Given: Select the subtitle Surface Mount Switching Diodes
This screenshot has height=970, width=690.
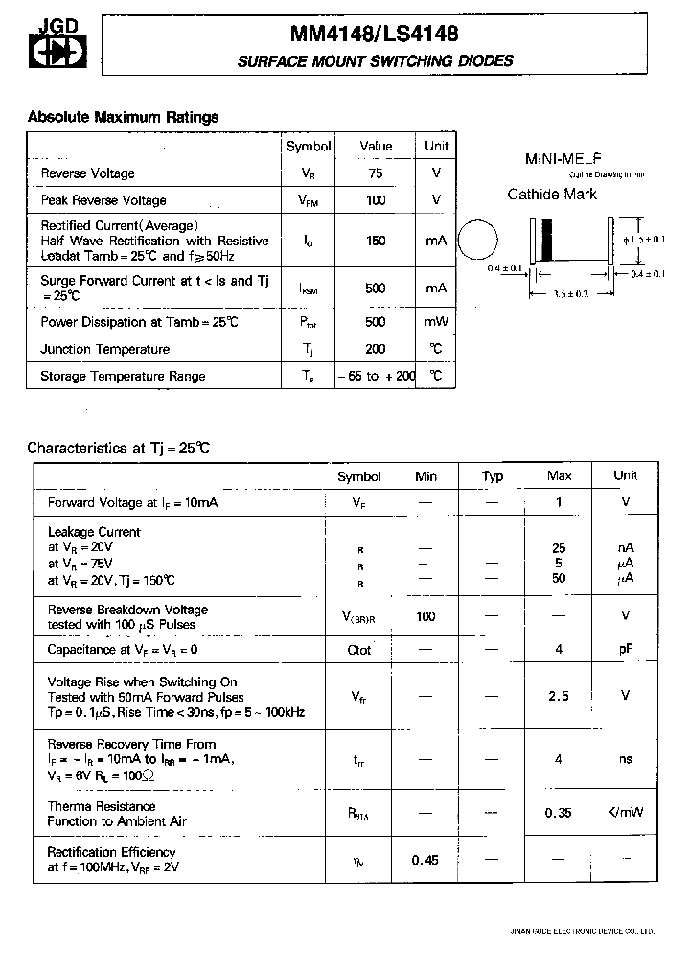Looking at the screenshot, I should [x=375, y=61].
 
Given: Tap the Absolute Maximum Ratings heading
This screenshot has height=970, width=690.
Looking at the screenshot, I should [x=123, y=117].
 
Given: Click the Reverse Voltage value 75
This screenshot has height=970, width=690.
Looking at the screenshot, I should [x=376, y=173].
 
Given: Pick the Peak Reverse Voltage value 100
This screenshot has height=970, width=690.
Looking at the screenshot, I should [x=376, y=200].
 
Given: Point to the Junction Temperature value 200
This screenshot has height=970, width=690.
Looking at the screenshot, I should [x=376, y=349].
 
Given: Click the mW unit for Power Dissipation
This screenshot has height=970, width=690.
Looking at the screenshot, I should [x=436, y=322].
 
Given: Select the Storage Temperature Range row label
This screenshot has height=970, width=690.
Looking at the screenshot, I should [x=123, y=376].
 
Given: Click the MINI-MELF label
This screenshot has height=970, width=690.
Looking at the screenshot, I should [x=563, y=158].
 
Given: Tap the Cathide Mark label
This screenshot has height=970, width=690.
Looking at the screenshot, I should [x=552, y=195].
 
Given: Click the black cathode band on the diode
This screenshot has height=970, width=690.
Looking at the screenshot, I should [x=547, y=240].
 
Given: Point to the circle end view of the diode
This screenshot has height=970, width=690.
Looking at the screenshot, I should [x=478, y=240].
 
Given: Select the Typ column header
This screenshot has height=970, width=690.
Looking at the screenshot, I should [x=493, y=476].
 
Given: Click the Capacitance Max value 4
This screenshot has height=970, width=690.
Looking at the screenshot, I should [x=559, y=650].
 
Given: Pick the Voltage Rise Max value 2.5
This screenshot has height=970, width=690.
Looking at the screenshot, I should [x=559, y=696].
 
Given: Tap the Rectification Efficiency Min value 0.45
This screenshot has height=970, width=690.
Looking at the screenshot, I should [x=425, y=860].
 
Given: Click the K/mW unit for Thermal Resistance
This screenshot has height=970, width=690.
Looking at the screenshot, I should [x=625, y=812].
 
